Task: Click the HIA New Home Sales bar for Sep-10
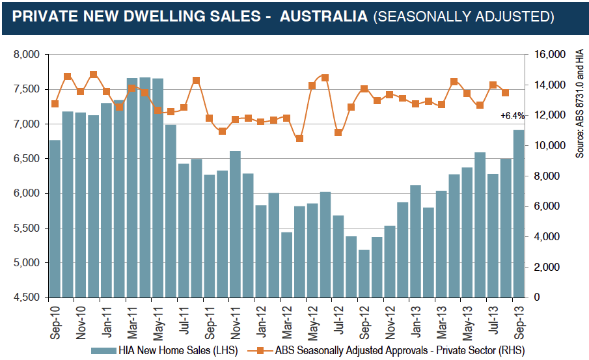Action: (x=55, y=219)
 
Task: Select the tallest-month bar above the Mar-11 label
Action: (x=132, y=188)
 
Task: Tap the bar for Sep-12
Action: (x=364, y=273)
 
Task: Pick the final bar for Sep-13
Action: (x=519, y=214)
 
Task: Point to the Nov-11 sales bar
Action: (x=235, y=225)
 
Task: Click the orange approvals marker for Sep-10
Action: (x=55, y=104)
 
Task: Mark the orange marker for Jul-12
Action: (x=338, y=132)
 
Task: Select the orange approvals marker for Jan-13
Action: (x=415, y=104)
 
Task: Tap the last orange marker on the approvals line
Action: (x=506, y=93)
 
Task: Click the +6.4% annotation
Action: (x=512, y=116)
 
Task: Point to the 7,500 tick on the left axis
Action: (x=27, y=89)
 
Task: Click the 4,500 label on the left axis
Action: (x=27, y=298)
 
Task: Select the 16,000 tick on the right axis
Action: (x=550, y=55)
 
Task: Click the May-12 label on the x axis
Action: (x=313, y=323)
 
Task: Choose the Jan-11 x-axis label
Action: (x=107, y=322)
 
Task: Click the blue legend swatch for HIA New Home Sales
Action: (x=103, y=351)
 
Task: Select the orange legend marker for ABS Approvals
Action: (x=260, y=351)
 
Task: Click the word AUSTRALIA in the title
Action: (x=324, y=16)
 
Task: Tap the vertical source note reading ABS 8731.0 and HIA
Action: (x=580, y=104)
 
